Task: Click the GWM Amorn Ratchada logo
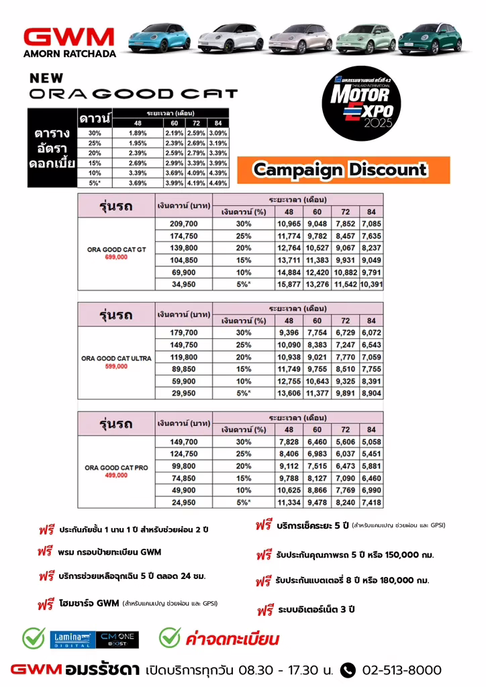point(69,41)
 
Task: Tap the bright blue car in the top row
point(158,36)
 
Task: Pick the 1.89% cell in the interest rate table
point(137,134)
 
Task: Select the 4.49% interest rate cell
point(218,183)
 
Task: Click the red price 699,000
point(116,257)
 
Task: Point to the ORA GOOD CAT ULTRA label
point(116,358)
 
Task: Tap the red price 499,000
point(116,475)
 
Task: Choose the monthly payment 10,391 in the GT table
point(371,284)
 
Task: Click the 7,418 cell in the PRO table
point(371,502)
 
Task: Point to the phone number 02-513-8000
point(401,670)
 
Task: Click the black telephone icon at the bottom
point(348,670)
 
